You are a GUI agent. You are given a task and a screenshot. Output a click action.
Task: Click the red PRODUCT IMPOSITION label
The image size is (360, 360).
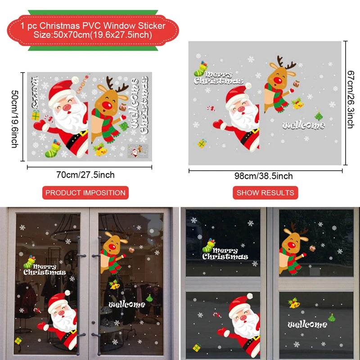[x=85, y=193]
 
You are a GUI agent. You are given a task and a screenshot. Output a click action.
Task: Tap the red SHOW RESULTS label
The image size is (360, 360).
[x=265, y=193]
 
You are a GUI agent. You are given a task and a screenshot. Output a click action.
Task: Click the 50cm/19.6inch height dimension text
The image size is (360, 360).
[x=14, y=117]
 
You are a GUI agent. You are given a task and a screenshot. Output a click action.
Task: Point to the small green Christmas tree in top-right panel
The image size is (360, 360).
[x=319, y=116]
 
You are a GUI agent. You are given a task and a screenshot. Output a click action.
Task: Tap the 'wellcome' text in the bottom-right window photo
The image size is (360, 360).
[x=307, y=324]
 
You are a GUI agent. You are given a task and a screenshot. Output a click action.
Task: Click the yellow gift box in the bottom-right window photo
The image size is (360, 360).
[x=197, y=347]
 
